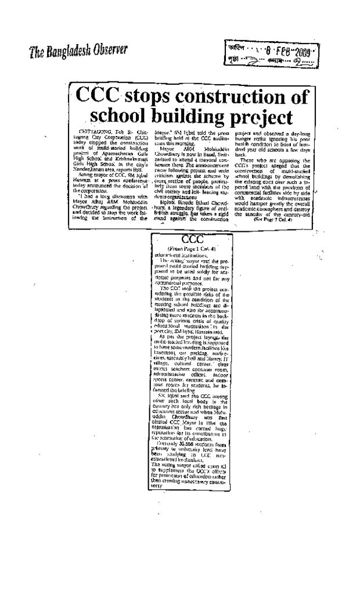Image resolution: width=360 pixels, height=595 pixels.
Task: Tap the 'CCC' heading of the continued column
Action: click(191, 239)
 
